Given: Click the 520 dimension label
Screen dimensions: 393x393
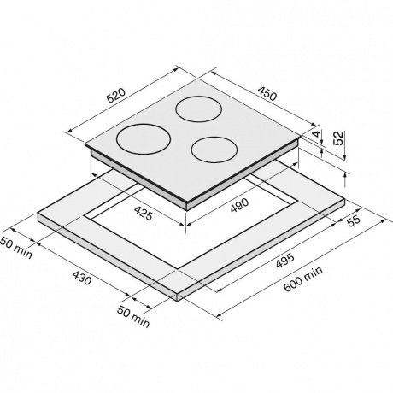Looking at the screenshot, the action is point(116,95).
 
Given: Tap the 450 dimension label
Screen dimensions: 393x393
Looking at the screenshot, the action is point(267,93).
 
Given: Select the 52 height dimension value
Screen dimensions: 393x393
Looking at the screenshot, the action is point(339,138).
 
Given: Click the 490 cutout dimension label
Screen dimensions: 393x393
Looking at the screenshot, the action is point(239,205).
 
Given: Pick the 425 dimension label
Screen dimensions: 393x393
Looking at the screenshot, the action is point(144,213).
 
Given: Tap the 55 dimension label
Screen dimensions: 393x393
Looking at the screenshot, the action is point(354,220).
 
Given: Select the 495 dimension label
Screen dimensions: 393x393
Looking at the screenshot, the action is point(284,261).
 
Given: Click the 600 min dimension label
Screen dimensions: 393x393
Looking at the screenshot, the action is point(303,279).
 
